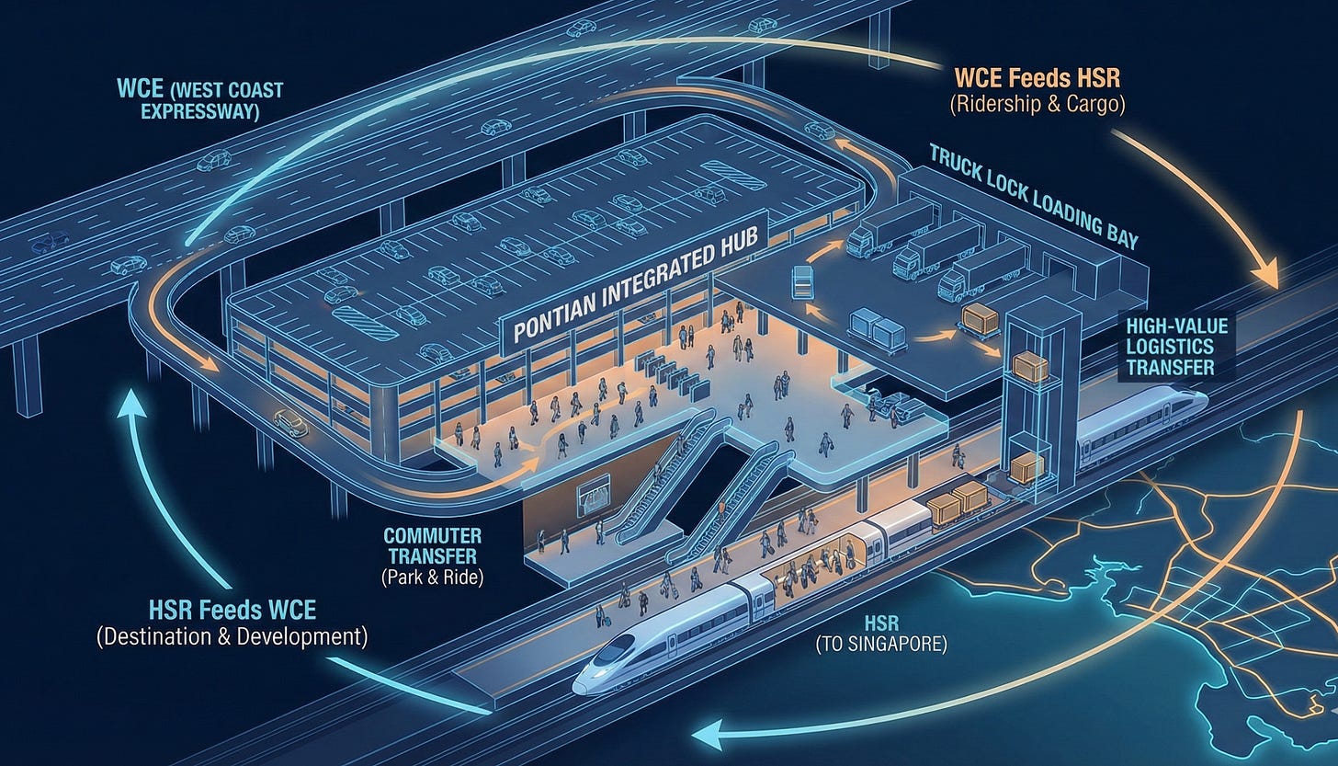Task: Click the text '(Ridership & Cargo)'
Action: pos(1037,102)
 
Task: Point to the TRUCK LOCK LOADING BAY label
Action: pos(1033,195)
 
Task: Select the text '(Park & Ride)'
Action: pos(431,577)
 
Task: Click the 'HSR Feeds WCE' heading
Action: pos(232,610)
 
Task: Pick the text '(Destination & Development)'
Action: pos(232,636)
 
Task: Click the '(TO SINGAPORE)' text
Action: pos(880,644)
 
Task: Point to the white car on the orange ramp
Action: pos(290,424)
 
